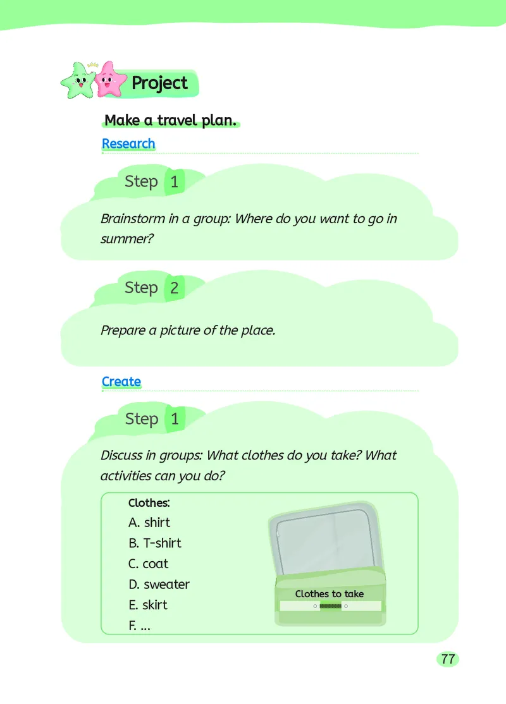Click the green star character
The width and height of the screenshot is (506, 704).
pyautogui.click(x=78, y=82)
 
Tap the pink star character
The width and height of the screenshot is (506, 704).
pyautogui.click(x=108, y=80)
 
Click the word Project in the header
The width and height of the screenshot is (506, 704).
pyautogui.click(x=159, y=83)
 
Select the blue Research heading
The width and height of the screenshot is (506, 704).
pyautogui.click(x=128, y=143)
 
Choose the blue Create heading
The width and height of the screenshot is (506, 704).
pyautogui.click(x=121, y=382)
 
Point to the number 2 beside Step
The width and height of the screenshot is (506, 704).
pyautogui.click(x=175, y=288)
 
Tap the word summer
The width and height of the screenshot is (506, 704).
pyautogui.click(x=127, y=239)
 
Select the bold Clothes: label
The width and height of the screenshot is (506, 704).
pyautogui.click(x=149, y=503)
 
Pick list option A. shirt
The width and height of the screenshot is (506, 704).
pyautogui.click(x=149, y=523)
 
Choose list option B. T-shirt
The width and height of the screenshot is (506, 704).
pyautogui.click(x=154, y=543)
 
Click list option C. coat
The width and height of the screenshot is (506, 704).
pyautogui.click(x=148, y=564)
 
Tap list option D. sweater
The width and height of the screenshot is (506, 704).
pyautogui.click(x=159, y=585)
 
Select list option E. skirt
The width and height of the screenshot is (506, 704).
pyautogui.click(x=148, y=605)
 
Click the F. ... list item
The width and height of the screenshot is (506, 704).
pyautogui.click(x=139, y=626)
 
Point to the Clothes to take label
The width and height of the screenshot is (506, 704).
pyautogui.click(x=330, y=594)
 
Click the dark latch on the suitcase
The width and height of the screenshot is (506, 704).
pyautogui.click(x=330, y=606)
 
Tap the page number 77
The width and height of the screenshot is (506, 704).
pyautogui.click(x=448, y=659)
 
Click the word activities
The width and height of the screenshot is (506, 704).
pyautogui.click(x=125, y=476)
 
